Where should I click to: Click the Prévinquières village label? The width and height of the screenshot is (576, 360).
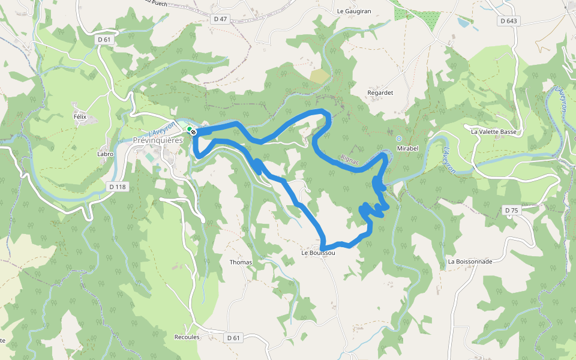(x=157, y=140)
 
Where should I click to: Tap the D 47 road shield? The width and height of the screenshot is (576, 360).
(x=220, y=19)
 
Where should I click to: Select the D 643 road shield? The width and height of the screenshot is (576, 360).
(x=508, y=21)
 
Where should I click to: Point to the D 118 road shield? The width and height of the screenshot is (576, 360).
(x=118, y=187)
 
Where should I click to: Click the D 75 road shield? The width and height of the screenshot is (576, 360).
(x=511, y=210)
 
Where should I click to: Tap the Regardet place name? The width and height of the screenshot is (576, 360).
(x=380, y=93)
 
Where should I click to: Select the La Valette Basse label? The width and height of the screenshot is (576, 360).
(x=494, y=131)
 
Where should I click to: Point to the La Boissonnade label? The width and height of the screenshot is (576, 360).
(x=470, y=262)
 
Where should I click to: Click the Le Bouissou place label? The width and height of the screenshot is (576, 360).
(x=318, y=253)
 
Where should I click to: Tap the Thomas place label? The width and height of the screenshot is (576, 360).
(x=241, y=262)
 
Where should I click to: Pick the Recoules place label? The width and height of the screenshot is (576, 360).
(x=187, y=337)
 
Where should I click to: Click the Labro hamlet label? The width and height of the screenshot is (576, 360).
(x=105, y=154)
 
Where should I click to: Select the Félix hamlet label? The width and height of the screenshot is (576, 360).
(x=80, y=116)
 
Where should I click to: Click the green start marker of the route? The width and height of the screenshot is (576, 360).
(x=189, y=129)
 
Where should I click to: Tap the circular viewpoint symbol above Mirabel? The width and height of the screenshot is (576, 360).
(x=399, y=139)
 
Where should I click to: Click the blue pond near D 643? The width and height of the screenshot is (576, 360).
(x=463, y=23)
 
